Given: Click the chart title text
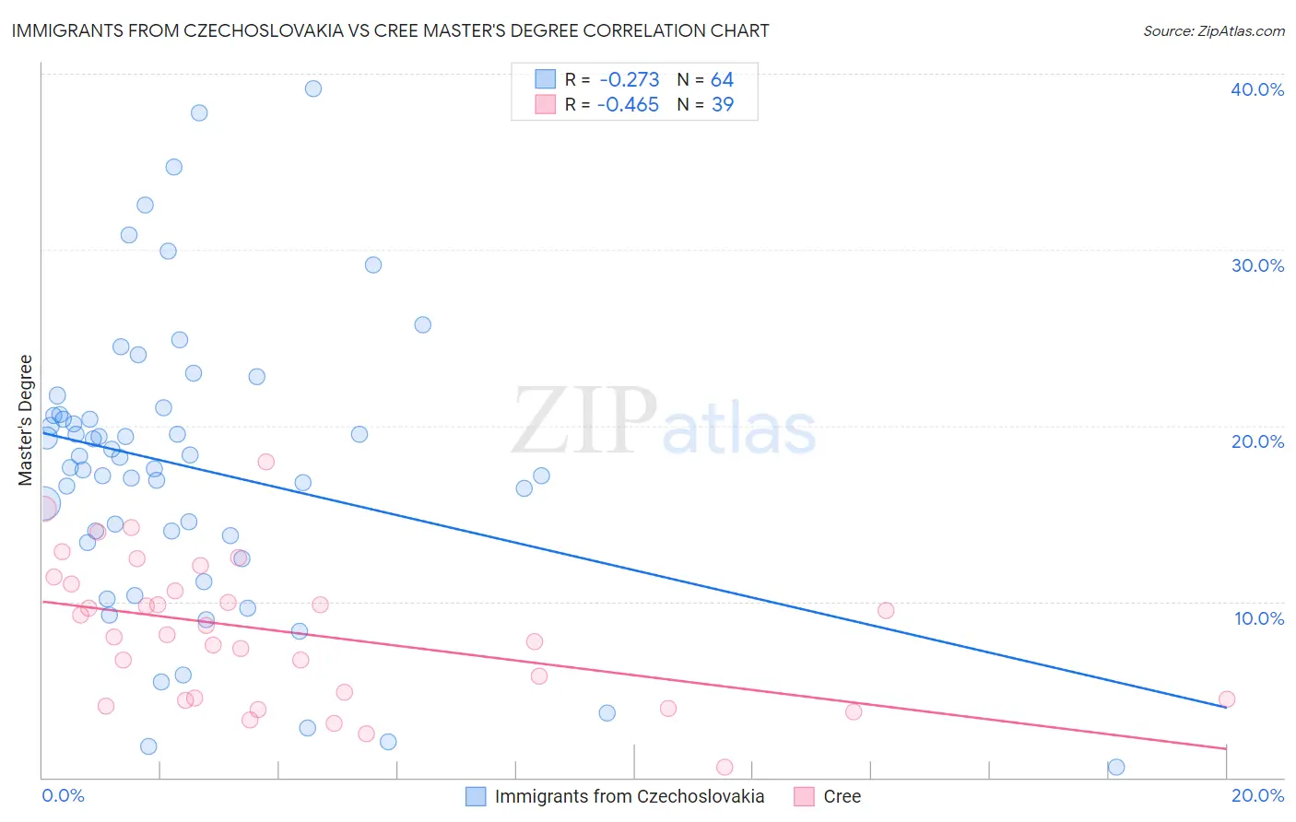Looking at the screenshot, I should pyautogui.click(x=390, y=30).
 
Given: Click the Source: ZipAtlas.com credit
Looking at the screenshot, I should pyautogui.click(x=1213, y=30).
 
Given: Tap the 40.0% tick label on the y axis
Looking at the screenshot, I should pyautogui.click(x=1257, y=89).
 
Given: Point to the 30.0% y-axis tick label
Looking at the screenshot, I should pyautogui.click(x=1257, y=265).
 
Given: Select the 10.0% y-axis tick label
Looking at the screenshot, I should pyautogui.click(x=1259, y=618).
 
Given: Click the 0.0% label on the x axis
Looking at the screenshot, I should pyautogui.click(x=63, y=795).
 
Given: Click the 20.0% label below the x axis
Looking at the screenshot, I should pyautogui.click(x=1257, y=795).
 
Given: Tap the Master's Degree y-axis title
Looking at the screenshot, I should pyautogui.click(x=26, y=420).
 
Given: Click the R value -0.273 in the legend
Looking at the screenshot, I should pyautogui.click(x=629, y=80).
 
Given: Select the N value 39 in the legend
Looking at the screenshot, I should pyautogui.click(x=723, y=105).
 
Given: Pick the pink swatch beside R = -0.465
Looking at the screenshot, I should pyautogui.click(x=546, y=105).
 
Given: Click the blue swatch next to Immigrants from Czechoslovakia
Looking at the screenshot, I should pyautogui.click(x=476, y=796).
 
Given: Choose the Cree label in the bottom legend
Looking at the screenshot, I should pyautogui.click(x=842, y=796).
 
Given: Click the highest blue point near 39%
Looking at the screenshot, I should pyautogui.click(x=313, y=88).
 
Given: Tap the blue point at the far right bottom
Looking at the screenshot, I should pyautogui.click(x=1116, y=767).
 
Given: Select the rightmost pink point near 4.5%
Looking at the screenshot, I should pyautogui.click(x=1226, y=699).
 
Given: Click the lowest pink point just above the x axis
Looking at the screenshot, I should pyautogui.click(x=725, y=768).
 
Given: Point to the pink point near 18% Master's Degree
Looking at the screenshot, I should pyautogui.click(x=265, y=462).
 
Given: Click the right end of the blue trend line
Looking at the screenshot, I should pyautogui.click(x=1225, y=706).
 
